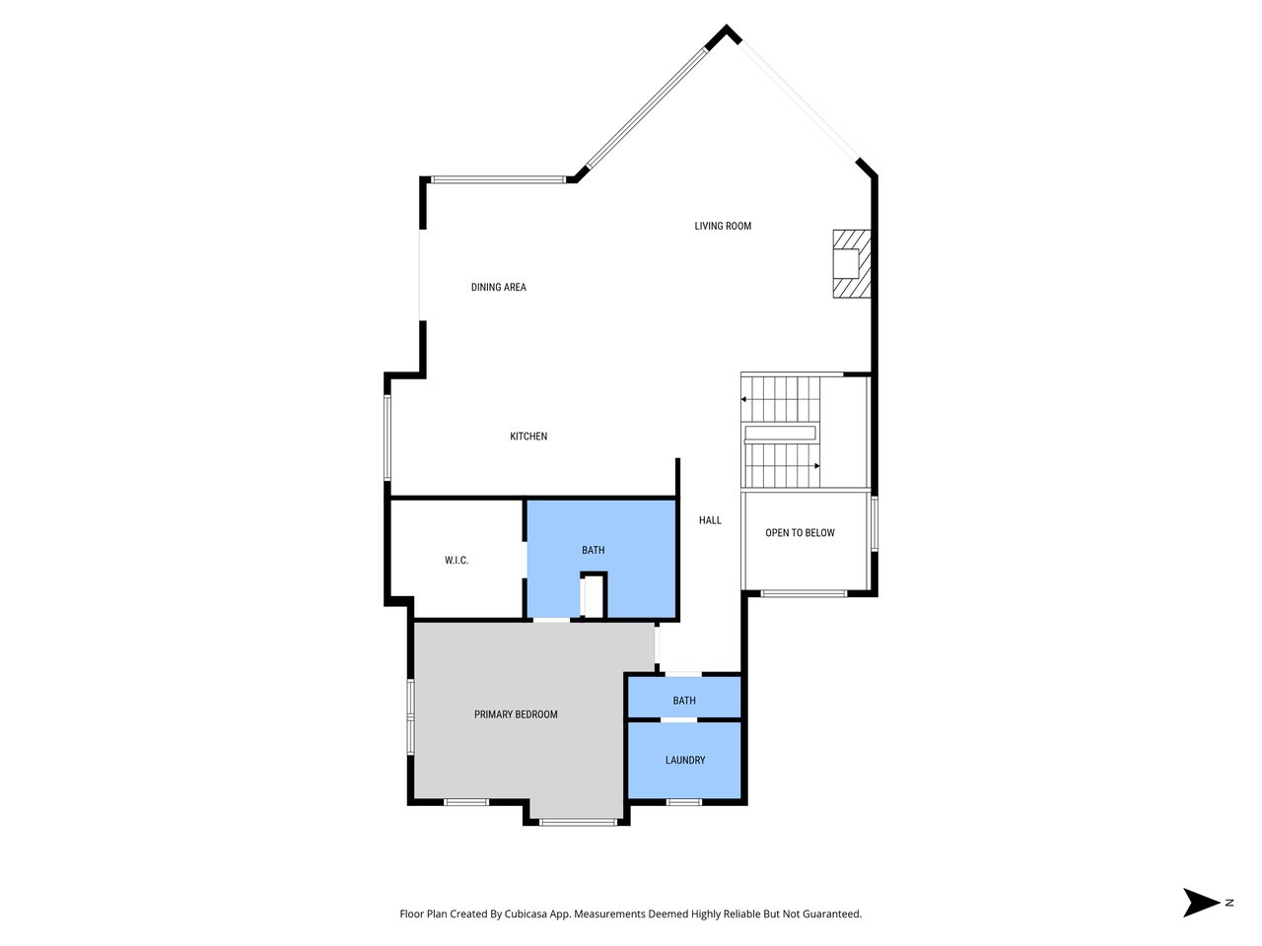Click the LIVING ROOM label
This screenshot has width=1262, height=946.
(723, 226)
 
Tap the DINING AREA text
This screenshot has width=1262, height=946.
(498, 287)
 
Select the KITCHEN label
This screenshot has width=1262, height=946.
(528, 437)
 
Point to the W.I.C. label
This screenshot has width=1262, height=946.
(456, 561)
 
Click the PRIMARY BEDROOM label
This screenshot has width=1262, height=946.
(516, 714)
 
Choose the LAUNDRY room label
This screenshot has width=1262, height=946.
(685, 760)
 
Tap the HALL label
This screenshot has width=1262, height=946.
(710, 520)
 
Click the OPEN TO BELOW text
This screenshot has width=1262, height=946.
(800, 533)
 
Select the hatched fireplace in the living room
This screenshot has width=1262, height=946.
(852, 263)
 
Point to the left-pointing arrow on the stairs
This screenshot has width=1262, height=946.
(744, 399)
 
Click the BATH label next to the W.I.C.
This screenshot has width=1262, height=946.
(593, 550)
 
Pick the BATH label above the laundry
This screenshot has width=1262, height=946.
(684, 701)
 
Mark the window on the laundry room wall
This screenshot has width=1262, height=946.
(684, 802)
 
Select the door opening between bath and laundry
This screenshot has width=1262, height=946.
(678, 720)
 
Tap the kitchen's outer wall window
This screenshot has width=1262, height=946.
(387, 438)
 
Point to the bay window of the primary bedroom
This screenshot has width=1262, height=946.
(577, 822)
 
